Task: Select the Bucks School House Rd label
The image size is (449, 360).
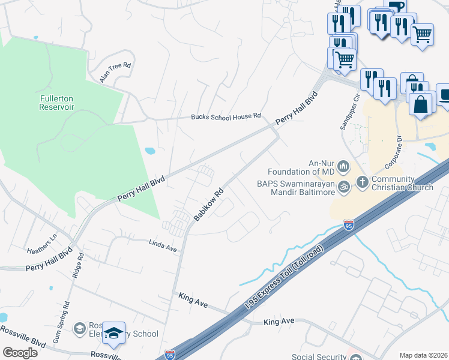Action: pyautogui.click(x=226, y=116)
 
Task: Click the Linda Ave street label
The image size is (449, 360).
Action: pyautogui.click(x=163, y=244)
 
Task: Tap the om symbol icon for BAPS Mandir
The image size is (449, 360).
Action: pyautogui.click(x=343, y=187)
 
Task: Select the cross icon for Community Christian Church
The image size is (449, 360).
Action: pyautogui.click(x=362, y=181)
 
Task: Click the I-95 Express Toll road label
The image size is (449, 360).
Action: pyautogui.click(x=288, y=277)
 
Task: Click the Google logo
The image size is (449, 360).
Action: pyautogui.click(x=20, y=352)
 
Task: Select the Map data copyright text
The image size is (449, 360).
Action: pyautogui.click(x=423, y=355)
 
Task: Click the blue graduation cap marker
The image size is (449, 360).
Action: pyautogui.click(x=113, y=333)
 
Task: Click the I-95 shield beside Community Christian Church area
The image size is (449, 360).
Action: pyautogui.click(x=349, y=226)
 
